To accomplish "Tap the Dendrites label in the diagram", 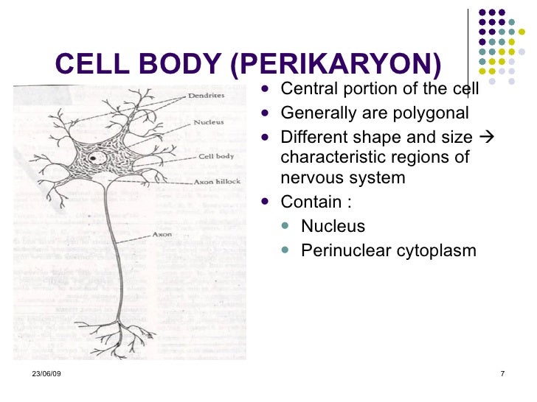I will point(208,96).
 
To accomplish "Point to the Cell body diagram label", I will point(215,156).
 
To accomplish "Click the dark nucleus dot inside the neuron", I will point(94,158).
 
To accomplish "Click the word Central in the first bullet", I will point(306,89).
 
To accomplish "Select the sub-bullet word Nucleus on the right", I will point(333,226).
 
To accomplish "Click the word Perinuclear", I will point(345,250).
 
